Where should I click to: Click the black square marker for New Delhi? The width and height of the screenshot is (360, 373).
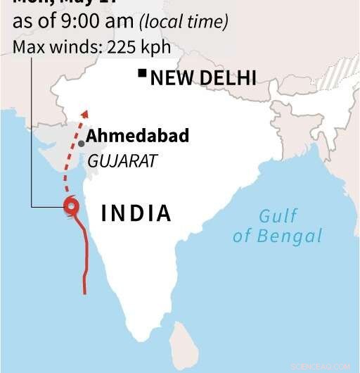pos(142,72)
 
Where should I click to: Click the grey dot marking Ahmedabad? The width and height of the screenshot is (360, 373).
pos(82,143)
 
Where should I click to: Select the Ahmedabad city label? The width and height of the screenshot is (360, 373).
pos(138,136)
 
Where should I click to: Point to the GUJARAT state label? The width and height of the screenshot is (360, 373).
pos(122,161)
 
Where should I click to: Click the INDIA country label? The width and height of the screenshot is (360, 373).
pos(136,213)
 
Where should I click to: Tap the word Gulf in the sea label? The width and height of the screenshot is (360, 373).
pos(278,217)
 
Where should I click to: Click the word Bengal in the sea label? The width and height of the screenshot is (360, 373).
pos(290,236)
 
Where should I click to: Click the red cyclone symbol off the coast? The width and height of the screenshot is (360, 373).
pos(71,206)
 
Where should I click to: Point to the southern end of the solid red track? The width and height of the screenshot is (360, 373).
pos(85,292)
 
